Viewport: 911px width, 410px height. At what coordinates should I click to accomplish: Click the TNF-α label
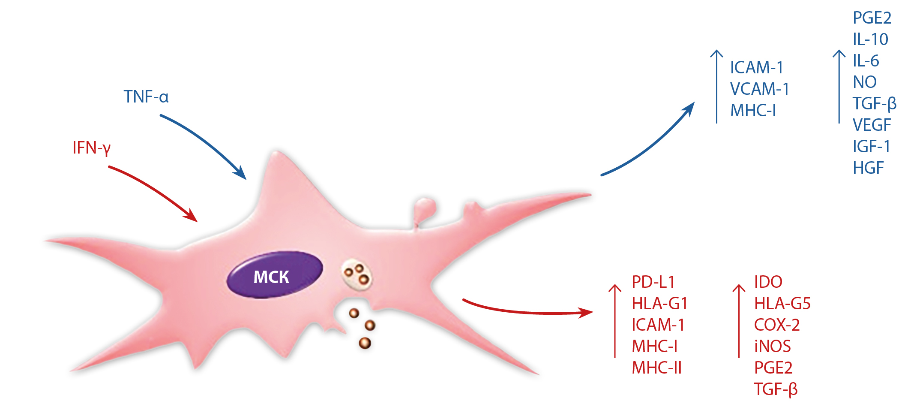146,97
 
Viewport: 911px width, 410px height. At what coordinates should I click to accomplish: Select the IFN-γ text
91,148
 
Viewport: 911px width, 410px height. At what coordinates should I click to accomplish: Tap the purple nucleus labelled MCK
274,275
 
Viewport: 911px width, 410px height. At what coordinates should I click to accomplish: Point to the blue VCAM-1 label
759,89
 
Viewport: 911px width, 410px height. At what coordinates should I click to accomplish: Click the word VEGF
872,125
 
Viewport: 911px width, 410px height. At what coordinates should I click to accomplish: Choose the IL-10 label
870,39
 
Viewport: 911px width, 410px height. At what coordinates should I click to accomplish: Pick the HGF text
868,168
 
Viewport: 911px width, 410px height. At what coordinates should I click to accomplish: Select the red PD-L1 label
653,282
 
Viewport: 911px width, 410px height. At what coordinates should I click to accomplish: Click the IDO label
768,282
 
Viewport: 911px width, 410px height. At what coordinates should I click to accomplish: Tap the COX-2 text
776,325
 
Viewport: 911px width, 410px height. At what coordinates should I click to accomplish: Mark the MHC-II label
656,368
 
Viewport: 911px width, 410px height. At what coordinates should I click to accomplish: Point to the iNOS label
772,347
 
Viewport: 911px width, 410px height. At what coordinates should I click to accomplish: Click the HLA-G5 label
782,304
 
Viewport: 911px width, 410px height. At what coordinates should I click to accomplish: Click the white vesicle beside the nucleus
357,274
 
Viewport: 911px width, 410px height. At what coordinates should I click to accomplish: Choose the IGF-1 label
871,147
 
